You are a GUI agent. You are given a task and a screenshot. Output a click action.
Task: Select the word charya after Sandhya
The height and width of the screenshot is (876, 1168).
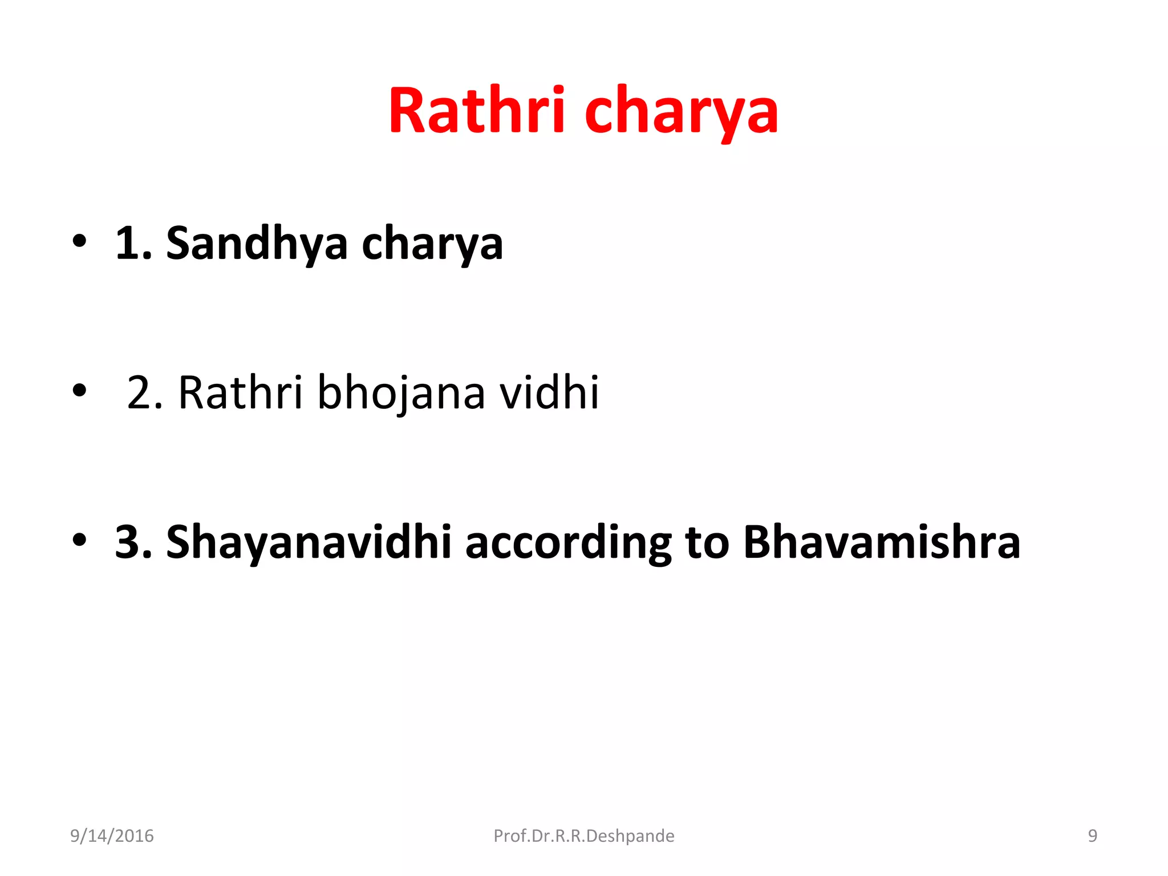(x=432, y=245)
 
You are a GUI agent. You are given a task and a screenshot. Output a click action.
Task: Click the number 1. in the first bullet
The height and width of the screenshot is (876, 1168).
(x=133, y=244)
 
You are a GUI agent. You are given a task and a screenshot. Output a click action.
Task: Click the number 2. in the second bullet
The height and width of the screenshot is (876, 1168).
(x=145, y=393)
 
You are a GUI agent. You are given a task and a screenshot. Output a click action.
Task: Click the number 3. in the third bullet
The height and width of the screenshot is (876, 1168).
(x=133, y=542)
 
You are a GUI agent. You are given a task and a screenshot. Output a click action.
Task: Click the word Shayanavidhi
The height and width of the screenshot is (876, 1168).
(x=309, y=542)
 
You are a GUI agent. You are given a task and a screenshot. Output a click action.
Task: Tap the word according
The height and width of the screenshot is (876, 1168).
(x=568, y=544)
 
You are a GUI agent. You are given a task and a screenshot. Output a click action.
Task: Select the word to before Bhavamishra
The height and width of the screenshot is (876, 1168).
(x=707, y=542)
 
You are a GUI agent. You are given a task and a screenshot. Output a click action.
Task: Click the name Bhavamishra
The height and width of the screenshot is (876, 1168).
(x=881, y=542)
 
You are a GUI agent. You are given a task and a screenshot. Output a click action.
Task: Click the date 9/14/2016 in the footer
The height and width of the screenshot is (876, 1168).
(x=112, y=836)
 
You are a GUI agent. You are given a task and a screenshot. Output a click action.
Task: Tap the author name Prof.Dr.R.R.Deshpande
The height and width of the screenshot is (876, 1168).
(x=583, y=836)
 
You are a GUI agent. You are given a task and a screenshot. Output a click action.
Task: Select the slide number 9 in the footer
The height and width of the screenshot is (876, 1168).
(x=1092, y=836)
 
